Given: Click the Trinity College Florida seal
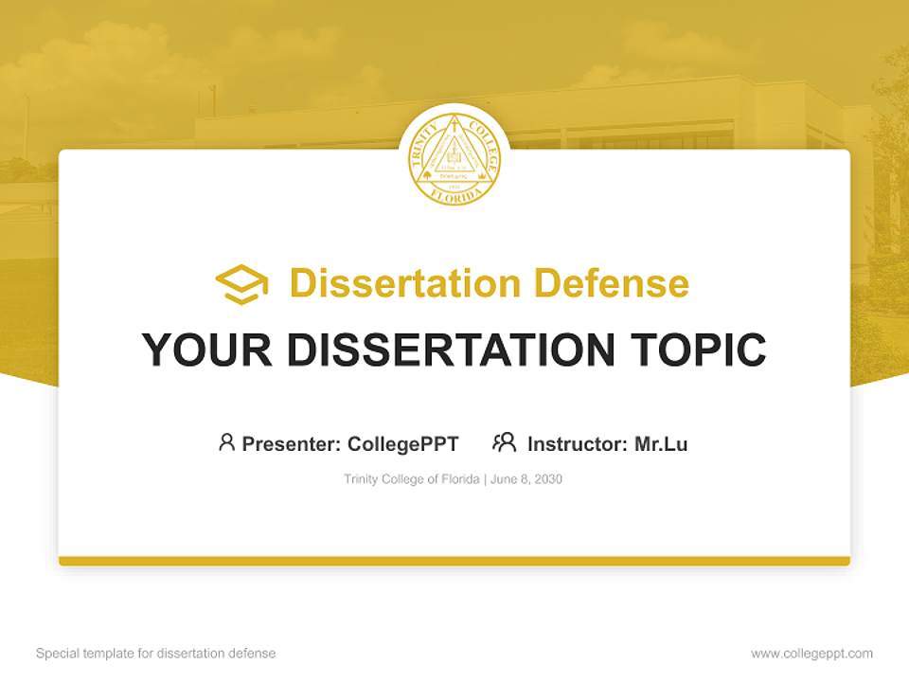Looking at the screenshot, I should [x=454, y=156].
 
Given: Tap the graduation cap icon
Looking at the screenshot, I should [x=241, y=284].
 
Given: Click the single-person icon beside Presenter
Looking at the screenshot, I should [x=226, y=442].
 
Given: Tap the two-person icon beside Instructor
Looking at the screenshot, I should [x=505, y=442].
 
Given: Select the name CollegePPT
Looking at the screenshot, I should [x=403, y=443].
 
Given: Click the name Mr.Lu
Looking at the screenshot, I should [x=661, y=443].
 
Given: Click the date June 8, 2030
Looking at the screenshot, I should [x=526, y=479].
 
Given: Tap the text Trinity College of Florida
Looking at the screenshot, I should [x=412, y=479].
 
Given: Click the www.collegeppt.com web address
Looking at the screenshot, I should [x=811, y=654].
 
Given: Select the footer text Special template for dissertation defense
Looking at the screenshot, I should [x=156, y=654].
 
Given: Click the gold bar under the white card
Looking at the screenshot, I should [x=454, y=561].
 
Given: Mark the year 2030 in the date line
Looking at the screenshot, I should [x=548, y=479].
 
